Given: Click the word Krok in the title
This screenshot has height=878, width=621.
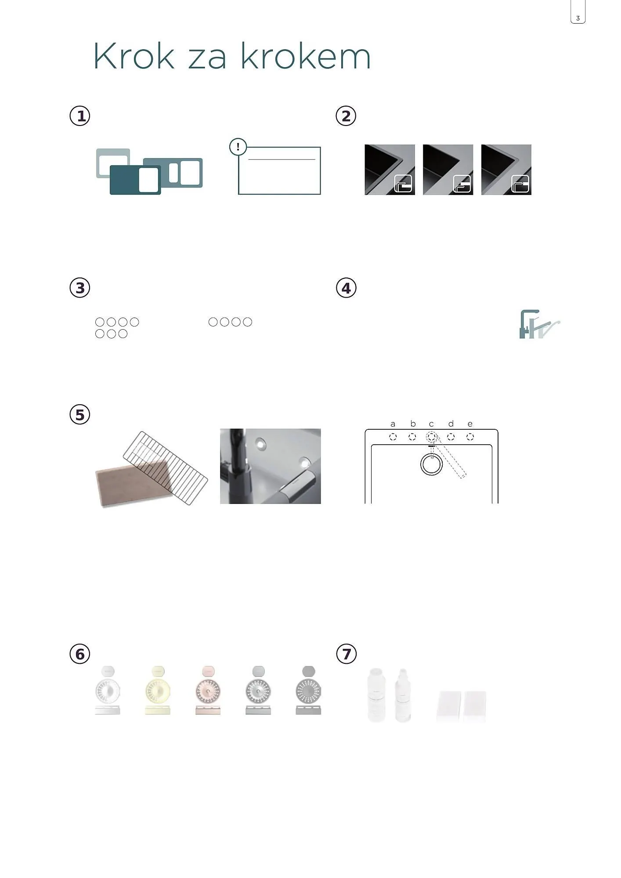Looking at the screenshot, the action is [134, 56].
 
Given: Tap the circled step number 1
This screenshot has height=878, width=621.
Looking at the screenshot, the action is [80, 116].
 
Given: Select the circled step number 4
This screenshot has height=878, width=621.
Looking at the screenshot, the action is [346, 288].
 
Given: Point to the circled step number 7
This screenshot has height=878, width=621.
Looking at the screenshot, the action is [346, 654].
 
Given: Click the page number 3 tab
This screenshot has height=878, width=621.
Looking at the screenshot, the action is [578, 12].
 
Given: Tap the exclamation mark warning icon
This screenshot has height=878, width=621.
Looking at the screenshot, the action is [238, 147].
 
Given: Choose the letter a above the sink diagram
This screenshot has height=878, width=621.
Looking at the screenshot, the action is [393, 424].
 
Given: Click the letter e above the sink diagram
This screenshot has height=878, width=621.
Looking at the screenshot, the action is [470, 424].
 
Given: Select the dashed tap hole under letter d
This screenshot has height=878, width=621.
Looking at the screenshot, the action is [451, 437].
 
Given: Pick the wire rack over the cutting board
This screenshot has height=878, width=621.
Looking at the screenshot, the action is [165, 468].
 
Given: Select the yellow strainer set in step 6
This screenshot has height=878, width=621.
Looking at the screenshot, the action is [158, 691].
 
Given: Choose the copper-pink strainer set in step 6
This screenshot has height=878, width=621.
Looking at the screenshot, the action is [208, 691].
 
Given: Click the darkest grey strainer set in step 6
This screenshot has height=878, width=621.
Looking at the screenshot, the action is [308, 691].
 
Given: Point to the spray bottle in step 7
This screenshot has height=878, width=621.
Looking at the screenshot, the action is [402, 695].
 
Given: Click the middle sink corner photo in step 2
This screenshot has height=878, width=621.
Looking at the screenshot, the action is [448, 169].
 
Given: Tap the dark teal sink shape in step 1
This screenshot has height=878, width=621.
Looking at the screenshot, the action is [135, 180].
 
